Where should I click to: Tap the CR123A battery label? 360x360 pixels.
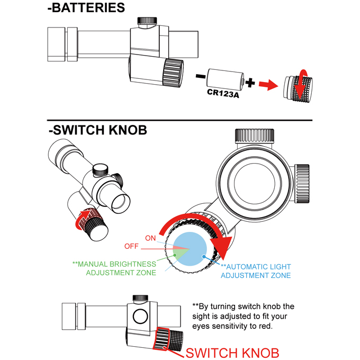[x=220, y=93]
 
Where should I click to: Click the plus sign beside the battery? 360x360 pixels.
[x=250, y=83]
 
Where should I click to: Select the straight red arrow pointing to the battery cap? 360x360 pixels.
[x=268, y=85]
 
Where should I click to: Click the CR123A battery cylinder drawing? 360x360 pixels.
[x=224, y=79]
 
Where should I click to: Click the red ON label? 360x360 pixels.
[x=150, y=238]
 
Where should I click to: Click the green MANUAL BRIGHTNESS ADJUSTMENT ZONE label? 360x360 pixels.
[x=114, y=268]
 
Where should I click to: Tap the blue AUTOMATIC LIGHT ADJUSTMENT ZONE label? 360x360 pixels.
[x=256, y=271]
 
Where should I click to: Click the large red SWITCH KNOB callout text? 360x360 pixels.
[x=233, y=352]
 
